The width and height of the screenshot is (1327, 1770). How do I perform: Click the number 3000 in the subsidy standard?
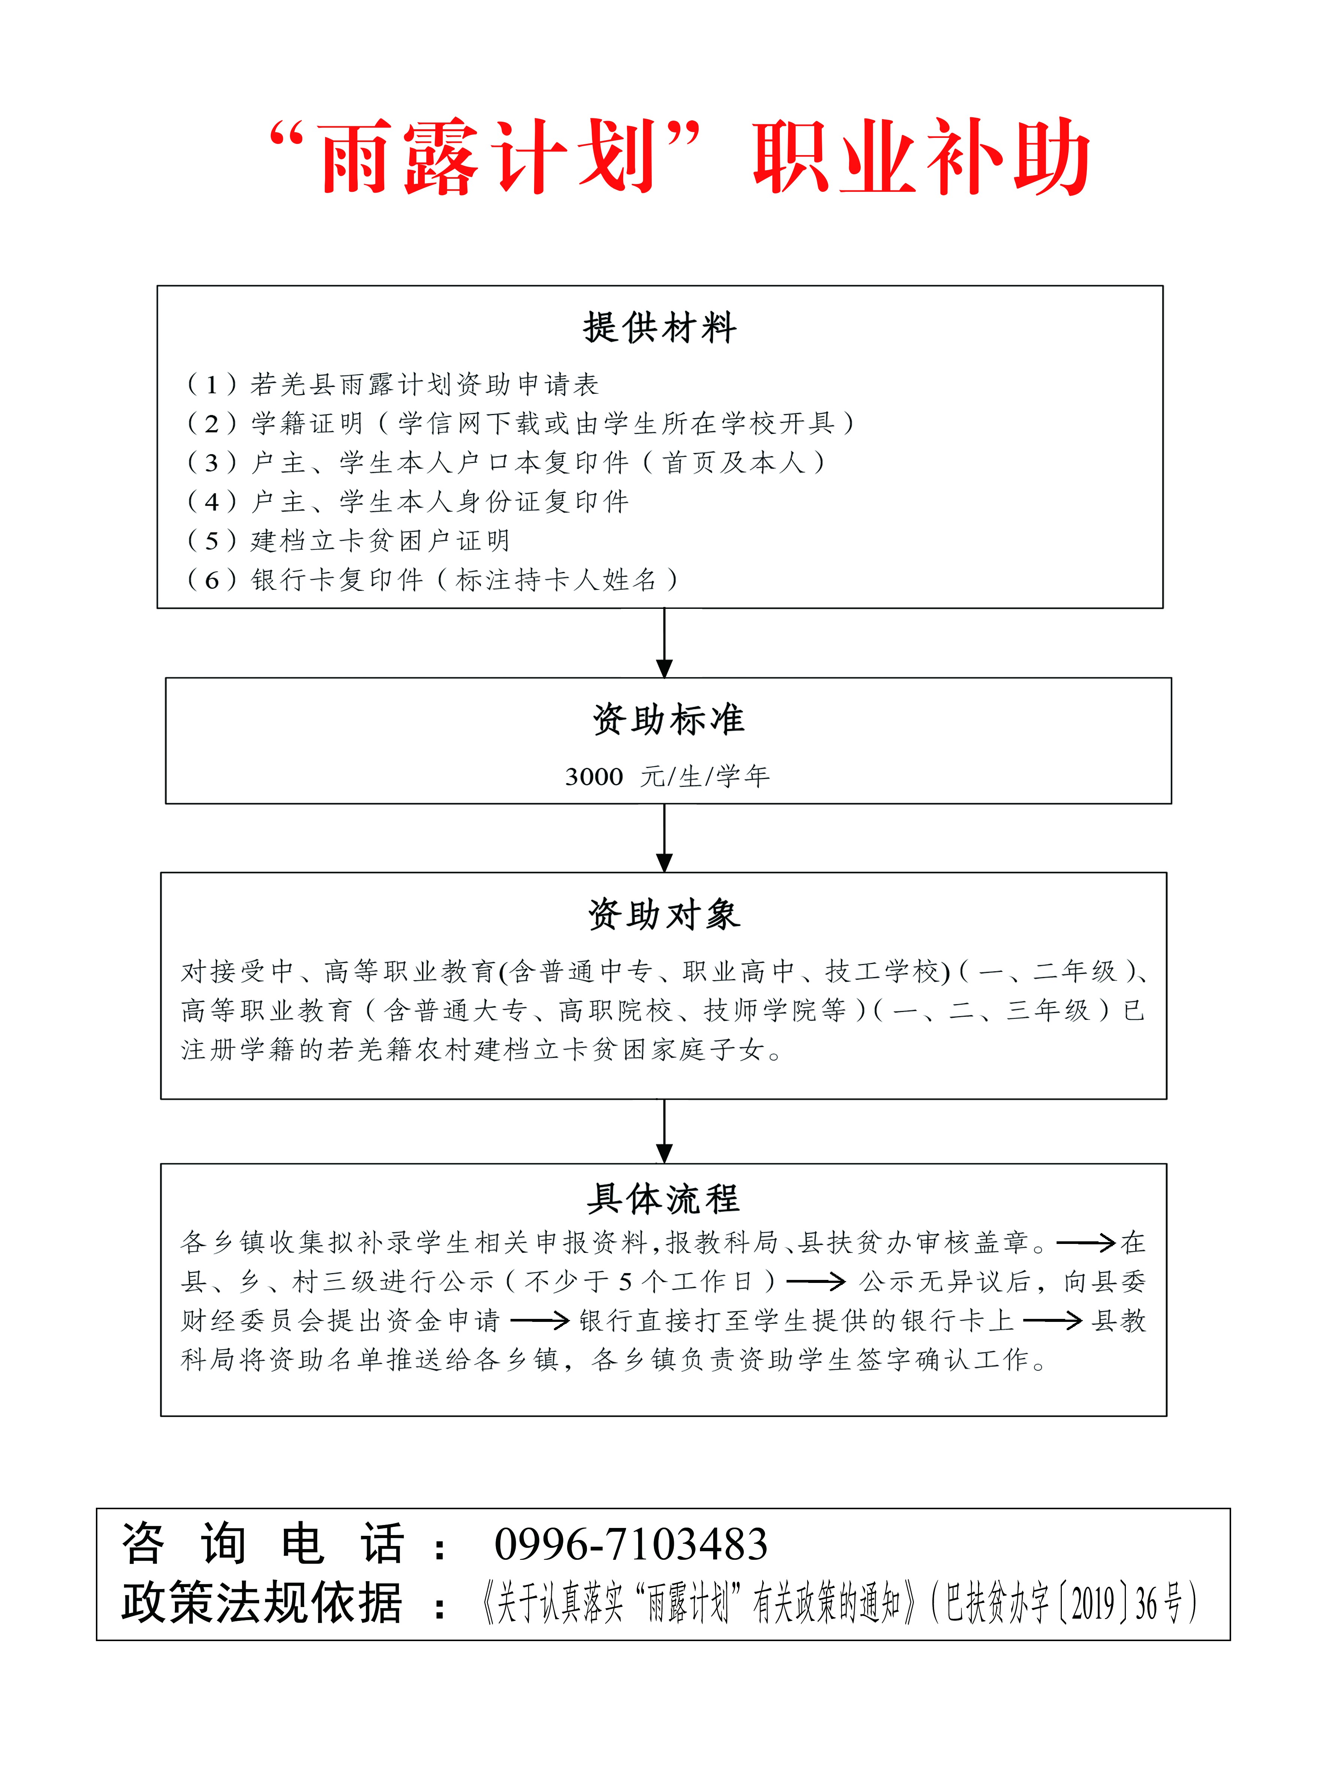point(594,777)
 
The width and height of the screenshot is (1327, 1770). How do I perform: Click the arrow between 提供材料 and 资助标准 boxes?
point(664,643)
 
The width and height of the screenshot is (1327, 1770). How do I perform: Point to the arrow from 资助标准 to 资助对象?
point(664,838)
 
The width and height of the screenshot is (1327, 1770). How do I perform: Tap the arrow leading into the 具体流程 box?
point(664,1131)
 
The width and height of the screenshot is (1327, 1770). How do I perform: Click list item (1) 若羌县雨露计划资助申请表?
point(392,385)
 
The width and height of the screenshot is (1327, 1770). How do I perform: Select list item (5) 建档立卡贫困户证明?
point(348,541)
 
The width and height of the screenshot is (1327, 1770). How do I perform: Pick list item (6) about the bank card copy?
point(432,580)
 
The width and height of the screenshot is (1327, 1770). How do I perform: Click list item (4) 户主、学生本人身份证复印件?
point(408,502)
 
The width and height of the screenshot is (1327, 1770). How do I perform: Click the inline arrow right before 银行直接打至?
point(540,1320)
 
